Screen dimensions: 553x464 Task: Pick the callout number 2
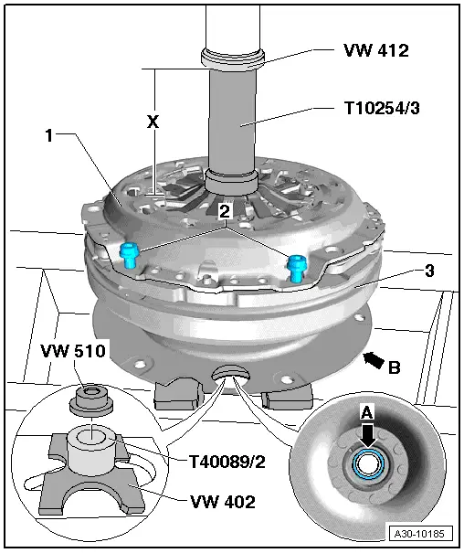pyautogui.click(x=224, y=211)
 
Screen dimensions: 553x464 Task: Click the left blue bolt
pyautogui.click(x=130, y=255)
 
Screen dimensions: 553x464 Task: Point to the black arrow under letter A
pyautogui.click(x=366, y=433)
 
